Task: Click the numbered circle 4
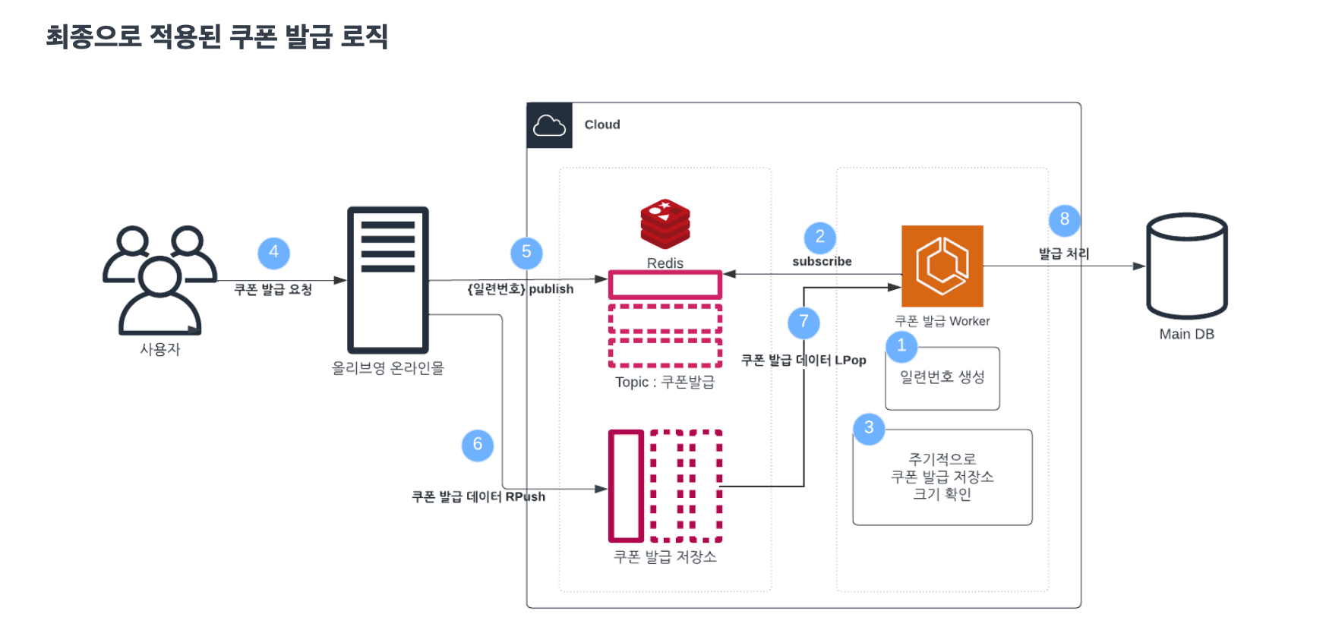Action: (x=273, y=253)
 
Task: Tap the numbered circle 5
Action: (x=526, y=253)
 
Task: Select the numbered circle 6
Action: (x=478, y=445)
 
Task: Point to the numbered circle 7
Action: (x=803, y=323)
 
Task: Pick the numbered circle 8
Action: (x=1065, y=220)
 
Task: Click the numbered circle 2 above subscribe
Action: (x=820, y=238)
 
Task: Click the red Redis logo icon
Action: (x=665, y=224)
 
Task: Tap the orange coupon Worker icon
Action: (x=942, y=266)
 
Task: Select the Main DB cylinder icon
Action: (x=1186, y=266)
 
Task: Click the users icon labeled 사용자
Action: (x=159, y=280)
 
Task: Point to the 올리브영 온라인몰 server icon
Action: (x=388, y=280)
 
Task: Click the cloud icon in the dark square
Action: (x=549, y=125)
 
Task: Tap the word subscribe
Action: (x=822, y=262)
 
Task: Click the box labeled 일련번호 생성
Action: (x=942, y=378)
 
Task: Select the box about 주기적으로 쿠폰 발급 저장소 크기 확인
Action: (x=942, y=477)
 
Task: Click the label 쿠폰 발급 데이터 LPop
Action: (x=803, y=361)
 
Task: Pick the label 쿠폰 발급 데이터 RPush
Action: (x=478, y=497)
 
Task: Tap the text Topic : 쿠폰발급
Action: (x=665, y=383)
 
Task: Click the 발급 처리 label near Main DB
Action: (x=1064, y=254)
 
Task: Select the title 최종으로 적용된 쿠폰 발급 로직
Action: (x=217, y=36)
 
